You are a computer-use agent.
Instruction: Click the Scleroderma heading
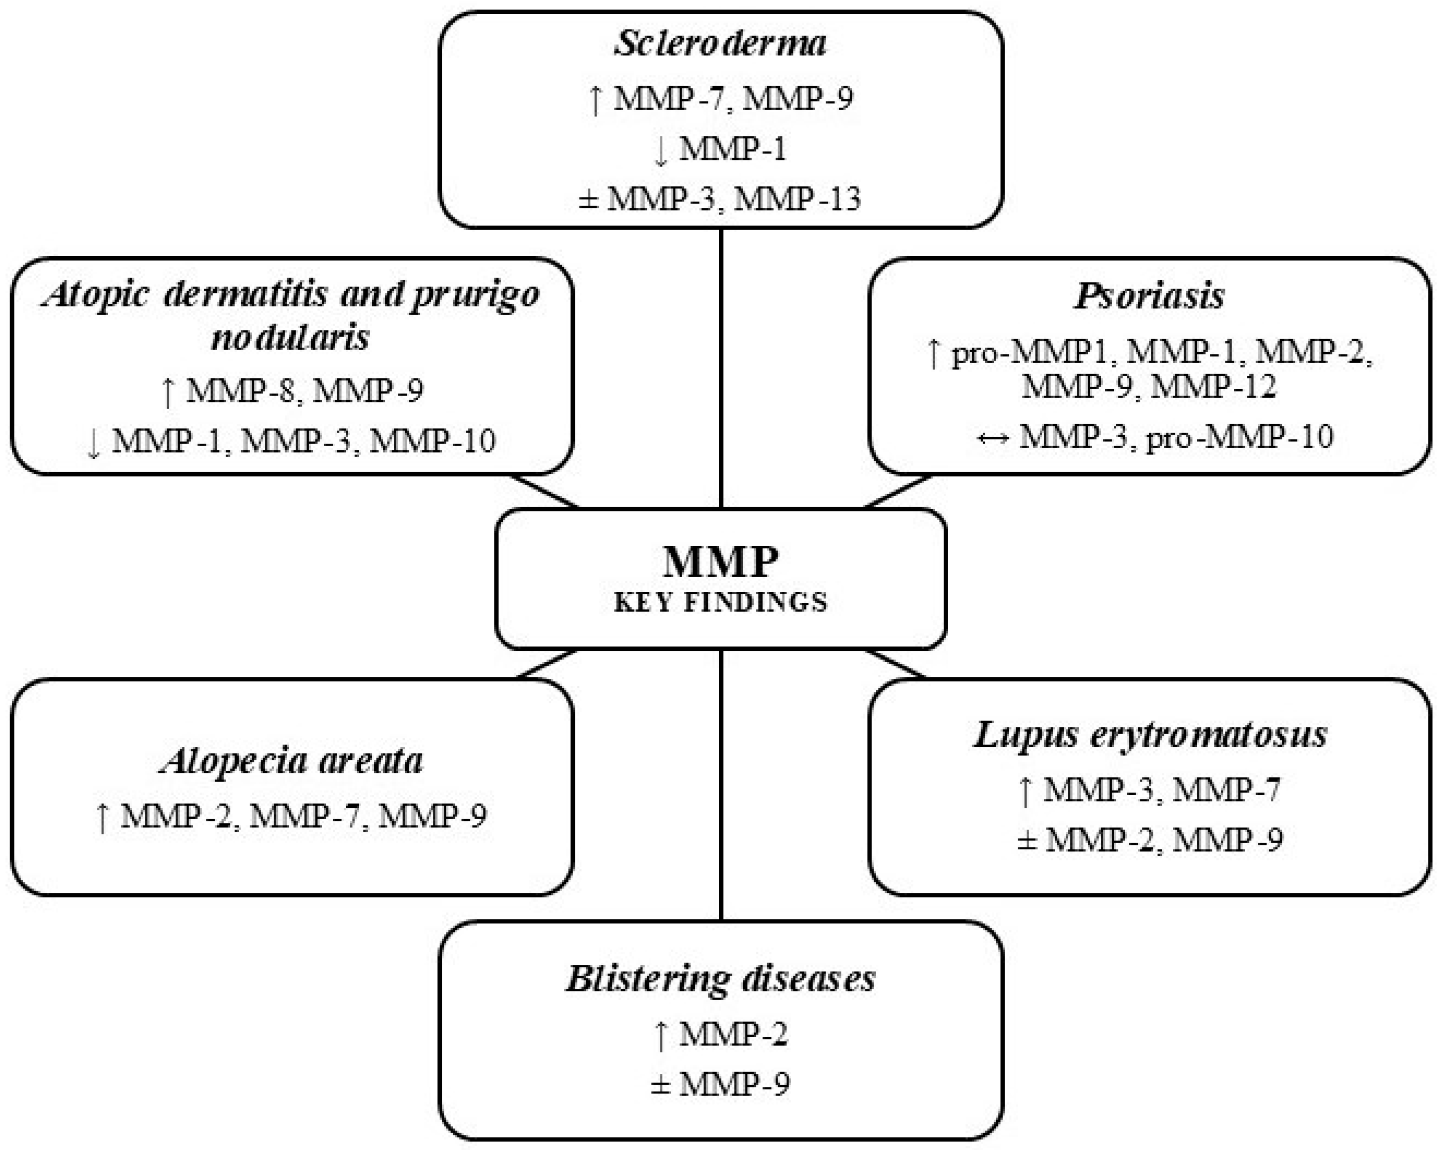(x=720, y=44)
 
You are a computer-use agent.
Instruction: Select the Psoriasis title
(x=1149, y=296)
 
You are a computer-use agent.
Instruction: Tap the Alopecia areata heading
(x=292, y=761)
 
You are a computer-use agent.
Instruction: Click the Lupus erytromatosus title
(x=1150, y=734)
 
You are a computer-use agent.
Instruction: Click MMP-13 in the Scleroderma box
(x=797, y=199)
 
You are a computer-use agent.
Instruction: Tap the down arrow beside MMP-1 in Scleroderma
(x=660, y=150)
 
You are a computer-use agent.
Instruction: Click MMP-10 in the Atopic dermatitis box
(x=432, y=441)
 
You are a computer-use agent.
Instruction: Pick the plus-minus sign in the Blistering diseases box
(x=660, y=1084)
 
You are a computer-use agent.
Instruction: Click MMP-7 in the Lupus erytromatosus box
(x=1226, y=790)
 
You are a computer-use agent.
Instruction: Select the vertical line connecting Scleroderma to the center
(x=721, y=368)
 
